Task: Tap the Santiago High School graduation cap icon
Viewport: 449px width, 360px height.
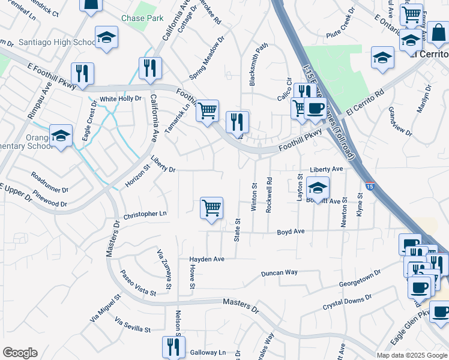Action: pos(106,37)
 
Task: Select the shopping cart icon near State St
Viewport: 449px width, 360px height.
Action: pos(211,208)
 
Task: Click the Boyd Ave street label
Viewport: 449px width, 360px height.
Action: pos(291,231)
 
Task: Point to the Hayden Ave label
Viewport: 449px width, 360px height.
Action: pos(206,259)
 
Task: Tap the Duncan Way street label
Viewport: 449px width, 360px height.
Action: pos(279,272)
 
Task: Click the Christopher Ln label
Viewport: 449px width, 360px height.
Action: pos(145,214)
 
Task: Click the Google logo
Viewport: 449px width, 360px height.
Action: pos(20,353)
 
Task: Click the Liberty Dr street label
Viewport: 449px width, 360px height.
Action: pos(163,165)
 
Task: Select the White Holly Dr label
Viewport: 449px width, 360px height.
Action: pos(120,98)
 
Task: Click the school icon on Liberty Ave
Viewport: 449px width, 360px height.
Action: pos(318,188)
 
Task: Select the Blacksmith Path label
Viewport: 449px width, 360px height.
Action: pos(254,64)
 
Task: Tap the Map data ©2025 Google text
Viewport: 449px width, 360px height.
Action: pos(411,355)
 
